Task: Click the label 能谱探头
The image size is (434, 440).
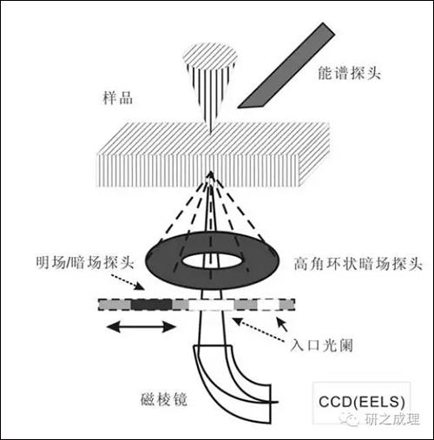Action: [x=349, y=73]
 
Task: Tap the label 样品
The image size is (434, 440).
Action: [x=118, y=98]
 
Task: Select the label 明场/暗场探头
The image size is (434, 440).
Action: [x=85, y=263]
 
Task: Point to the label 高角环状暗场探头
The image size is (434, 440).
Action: [x=358, y=264]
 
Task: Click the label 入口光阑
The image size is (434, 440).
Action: [x=321, y=345]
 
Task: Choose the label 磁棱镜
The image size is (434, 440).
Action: [x=164, y=399]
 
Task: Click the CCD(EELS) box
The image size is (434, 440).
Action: [x=362, y=403]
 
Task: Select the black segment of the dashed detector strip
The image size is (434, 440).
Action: [x=152, y=305]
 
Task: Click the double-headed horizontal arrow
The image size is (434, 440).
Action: [x=141, y=327]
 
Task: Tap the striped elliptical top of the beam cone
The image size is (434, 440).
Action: [x=212, y=56]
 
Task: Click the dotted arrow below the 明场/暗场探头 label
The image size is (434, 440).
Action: [x=128, y=281]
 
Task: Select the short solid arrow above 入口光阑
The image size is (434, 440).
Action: [x=282, y=325]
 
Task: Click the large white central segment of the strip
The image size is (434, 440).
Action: [x=211, y=305]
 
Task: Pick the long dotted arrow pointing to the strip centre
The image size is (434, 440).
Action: [x=258, y=330]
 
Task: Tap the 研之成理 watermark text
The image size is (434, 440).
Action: [x=391, y=419]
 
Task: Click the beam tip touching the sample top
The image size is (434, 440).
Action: [x=211, y=135]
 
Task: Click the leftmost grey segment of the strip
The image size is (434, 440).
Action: [x=115, y=305]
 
